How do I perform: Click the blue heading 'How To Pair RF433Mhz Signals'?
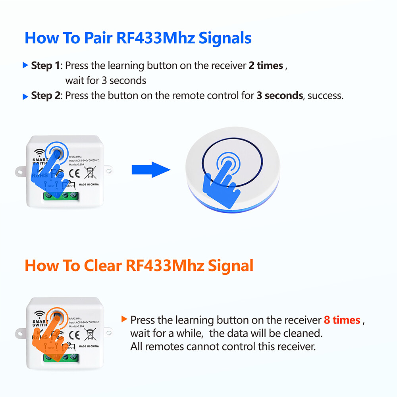138,39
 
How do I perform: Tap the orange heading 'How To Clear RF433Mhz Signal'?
139,266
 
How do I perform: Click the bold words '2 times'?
266,66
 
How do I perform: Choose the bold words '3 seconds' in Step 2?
279,96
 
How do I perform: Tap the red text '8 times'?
342,320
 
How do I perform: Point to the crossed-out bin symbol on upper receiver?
90,173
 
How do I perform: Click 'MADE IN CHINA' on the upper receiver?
89,185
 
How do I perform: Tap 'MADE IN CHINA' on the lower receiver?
89,346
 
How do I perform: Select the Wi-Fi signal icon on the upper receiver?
39,153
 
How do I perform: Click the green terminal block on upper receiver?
60,196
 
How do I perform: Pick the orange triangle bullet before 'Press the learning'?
124,319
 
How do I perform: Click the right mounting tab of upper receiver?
108,170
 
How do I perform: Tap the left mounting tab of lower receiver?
20,332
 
